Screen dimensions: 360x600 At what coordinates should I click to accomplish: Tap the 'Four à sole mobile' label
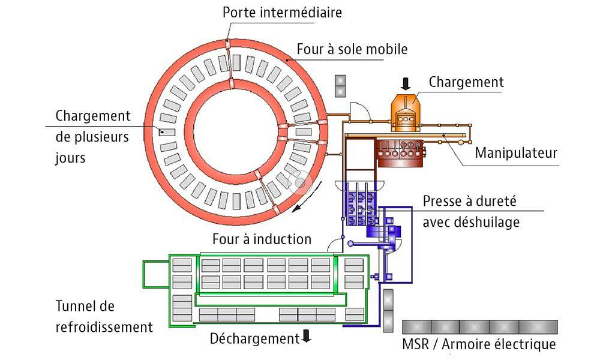352,47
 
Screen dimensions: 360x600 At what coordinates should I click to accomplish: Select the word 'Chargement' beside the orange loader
466,82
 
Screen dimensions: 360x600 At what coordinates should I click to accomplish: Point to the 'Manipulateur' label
516,153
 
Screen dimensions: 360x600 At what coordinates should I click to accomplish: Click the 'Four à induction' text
262,239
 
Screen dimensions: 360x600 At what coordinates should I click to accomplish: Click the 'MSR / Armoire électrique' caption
479,344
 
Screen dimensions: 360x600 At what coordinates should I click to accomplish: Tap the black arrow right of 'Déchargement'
307,337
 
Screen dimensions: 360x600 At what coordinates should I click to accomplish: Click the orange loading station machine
407,113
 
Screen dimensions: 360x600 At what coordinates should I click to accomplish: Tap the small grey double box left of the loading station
341,85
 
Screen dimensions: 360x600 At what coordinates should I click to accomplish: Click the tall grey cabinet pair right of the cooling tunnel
388,308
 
